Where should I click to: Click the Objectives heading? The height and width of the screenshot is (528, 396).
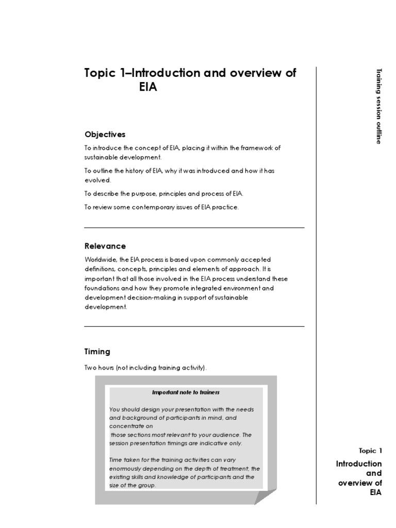click(105, 135)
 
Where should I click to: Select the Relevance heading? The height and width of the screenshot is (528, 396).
click(105, 246)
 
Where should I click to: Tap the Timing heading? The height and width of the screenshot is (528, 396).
click(97, 352)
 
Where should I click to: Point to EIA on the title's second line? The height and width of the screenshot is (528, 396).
click(148, 87)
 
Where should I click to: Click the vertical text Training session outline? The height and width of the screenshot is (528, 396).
click(379, 106)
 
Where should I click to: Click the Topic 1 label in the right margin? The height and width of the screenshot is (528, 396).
click(371, 451)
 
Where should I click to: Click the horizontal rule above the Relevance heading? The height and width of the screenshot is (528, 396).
click(194, 227)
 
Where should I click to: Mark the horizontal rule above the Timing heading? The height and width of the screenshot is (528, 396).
click(194, 326)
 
